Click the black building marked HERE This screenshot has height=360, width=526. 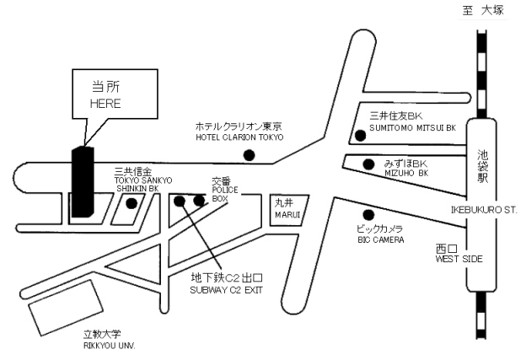[82, 181]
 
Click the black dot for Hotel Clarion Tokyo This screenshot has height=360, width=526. [249, 154]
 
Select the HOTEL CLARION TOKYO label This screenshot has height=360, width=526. [239, 137]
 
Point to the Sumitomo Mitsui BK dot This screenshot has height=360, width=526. [360, 134]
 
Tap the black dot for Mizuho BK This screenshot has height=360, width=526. [368, 164]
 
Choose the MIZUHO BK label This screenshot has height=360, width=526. [406, 173]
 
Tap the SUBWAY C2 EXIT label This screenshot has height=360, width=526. [228, 290]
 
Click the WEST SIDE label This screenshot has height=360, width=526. [459, 259]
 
